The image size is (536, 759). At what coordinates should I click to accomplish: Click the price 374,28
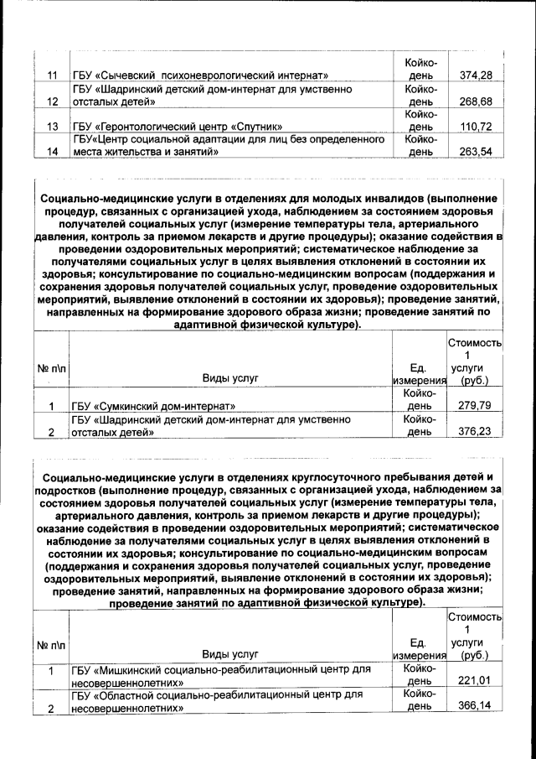(x=476, y=76)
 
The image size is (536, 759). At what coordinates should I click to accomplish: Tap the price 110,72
(x=476, y=127)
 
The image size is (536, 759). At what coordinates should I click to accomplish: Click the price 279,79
(x=476, y=407)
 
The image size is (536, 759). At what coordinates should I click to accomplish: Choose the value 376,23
(x=476, y=432)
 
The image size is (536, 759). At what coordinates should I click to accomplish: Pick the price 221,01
(x=476, y=680)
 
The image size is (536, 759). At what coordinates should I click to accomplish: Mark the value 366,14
(x=476, y=705)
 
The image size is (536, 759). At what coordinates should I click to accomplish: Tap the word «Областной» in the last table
(x=133, y=695)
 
